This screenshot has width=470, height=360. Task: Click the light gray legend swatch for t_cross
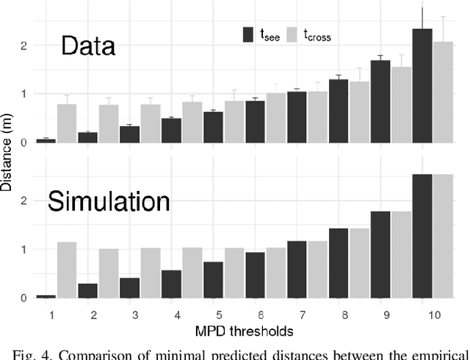pyautogui.click(x=292, y=35)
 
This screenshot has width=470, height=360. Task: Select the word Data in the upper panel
pyautogui.click(x=88, y=47)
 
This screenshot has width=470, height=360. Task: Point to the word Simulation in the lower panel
pyautogui.click(x=109, y=202)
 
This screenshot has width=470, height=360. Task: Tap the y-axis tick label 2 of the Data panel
pyautogui.click(x=26, y=45)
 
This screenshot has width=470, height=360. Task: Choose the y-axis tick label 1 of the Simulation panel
pyautogui.click(x=26, y=249)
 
